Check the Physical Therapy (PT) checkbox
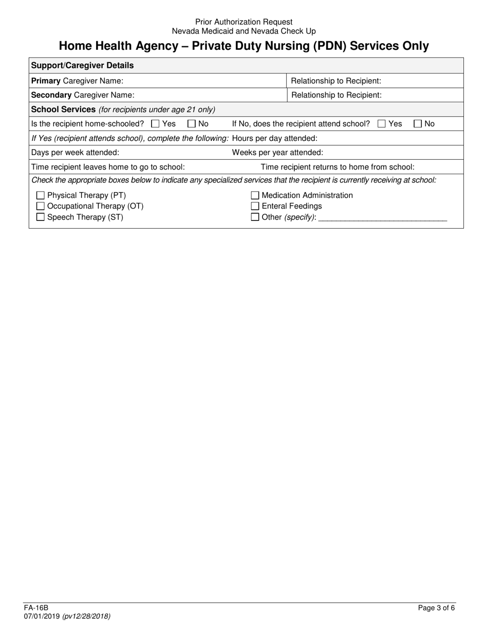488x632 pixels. [41, 196]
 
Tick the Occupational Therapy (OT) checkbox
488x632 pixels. [41, 207]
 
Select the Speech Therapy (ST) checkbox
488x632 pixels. [41, 217]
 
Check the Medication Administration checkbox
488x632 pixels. [255, 196]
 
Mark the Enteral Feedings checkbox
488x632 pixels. [255, 207]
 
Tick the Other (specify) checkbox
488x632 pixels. [255, 217]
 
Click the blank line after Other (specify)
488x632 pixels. [383, 218]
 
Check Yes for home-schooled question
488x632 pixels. [156, 124]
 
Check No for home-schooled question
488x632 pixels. [192, 124]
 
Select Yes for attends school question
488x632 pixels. [382, 124]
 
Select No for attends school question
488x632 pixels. [418, 124]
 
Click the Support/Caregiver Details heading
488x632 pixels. [83, 65]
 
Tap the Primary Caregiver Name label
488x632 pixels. [77, 81]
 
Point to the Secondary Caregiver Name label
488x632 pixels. [83, 95]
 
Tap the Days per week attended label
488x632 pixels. [76, 153]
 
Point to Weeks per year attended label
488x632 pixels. [277, 153]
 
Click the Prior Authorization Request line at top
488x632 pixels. [244, 22]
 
